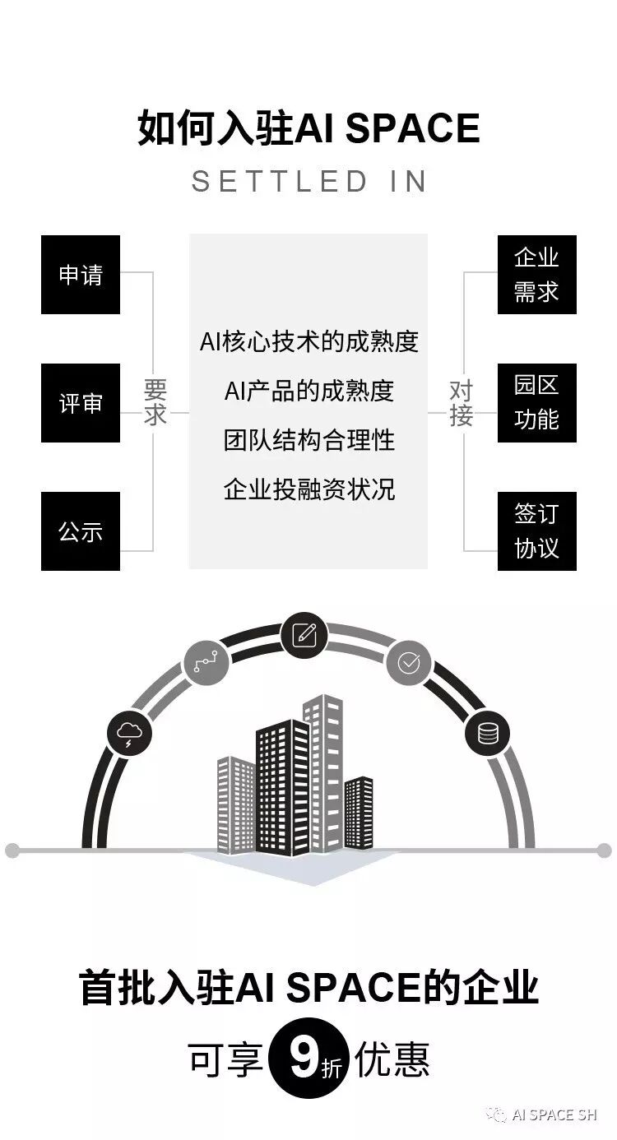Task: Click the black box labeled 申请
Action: (81, 275)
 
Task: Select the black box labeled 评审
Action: (81, 403)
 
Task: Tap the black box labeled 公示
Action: (81, 531)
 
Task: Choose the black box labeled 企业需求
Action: (536, 275)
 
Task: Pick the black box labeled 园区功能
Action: (536, 403)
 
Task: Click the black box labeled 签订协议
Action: (536, 531)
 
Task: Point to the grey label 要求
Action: (155, 402)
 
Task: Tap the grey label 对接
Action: (461, 402)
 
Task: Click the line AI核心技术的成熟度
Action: (308, 341)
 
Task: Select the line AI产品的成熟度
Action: (308, 391)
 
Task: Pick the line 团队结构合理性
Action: (308, 440)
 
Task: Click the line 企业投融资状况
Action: (308, 489)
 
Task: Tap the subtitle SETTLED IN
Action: (308, 182)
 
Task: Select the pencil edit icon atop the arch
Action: (304, 635)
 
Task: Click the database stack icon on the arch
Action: (487, 732)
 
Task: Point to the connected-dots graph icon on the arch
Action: (206, 661)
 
